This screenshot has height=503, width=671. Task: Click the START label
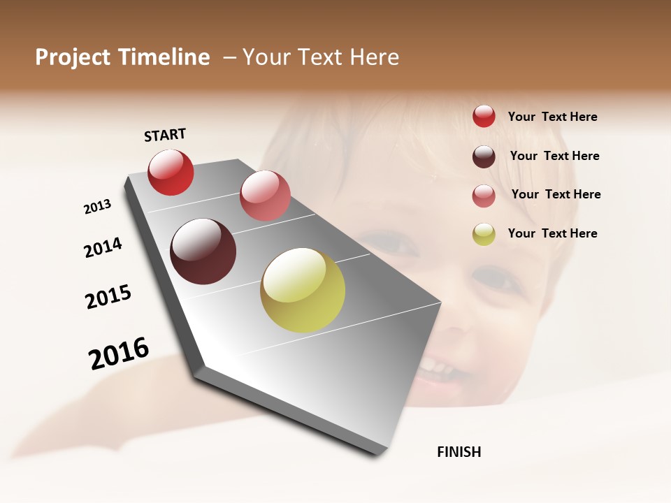coord(165,135)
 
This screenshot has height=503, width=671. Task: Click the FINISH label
coord(459,452)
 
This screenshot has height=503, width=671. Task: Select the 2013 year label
coord(98,206)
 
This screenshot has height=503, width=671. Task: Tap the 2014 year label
coord(103,247)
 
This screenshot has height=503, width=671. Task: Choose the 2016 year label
coord(119,353)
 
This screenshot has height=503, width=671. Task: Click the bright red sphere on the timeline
coord(171,172)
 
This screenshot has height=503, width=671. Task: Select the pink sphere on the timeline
coord(265,196)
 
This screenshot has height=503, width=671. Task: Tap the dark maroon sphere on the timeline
coord(203,251)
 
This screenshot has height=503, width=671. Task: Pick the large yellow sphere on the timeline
coord(303,290)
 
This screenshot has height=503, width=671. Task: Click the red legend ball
coord(484,116)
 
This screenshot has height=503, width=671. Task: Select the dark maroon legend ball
coord(484,156)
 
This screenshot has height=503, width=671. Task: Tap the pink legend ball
coord(484,196)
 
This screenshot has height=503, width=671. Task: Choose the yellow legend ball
coord(484,234)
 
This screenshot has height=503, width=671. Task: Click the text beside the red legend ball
coord(552,117)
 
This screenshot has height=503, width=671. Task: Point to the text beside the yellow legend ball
coord(552,233)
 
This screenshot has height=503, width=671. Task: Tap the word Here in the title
coord(374,57)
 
